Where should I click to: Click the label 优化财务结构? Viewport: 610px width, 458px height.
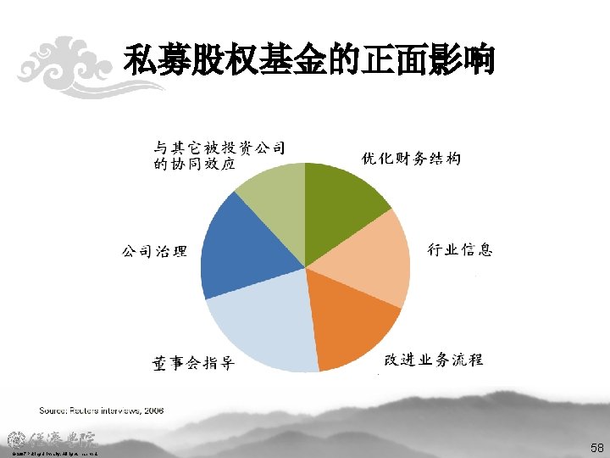click(411, 159)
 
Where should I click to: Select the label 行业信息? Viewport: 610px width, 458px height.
click(459, 249)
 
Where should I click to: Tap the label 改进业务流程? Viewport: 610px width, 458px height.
click(433, 360)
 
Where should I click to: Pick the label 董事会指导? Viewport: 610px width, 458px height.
click(193, 364)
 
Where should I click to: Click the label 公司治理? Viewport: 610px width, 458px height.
click(153, 251)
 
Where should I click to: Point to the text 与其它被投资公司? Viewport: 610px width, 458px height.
click(219, 148)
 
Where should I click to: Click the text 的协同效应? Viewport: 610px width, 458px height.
click(195, 165)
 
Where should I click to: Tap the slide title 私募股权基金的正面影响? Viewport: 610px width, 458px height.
click(308, 61)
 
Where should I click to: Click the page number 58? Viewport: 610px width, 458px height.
click(596, 446)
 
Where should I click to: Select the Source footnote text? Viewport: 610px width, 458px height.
click(101, 411)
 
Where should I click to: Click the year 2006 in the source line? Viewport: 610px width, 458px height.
click(153, 411)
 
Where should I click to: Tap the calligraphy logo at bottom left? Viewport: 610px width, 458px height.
click(53, 440)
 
